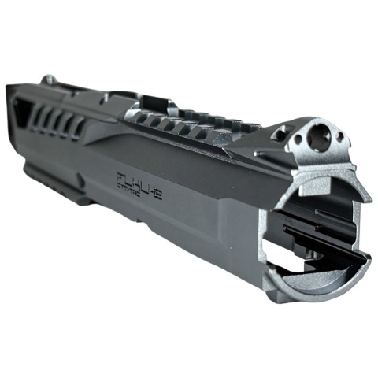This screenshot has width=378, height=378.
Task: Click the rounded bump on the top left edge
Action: pyautogui.click(x=49, y=80)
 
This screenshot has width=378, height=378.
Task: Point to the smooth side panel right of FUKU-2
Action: pyautogui.click(x=213, y=205)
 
